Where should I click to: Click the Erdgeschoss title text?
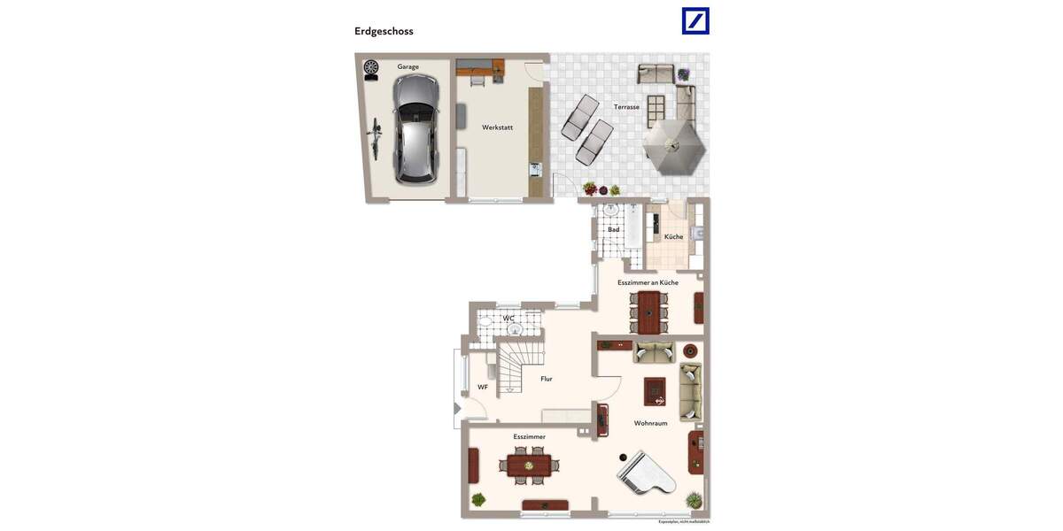(384, 31)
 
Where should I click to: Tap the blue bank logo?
(695, 20)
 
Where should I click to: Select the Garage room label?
(407, 66)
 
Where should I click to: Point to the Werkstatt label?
(497, 127)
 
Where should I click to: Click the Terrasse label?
(626, 107)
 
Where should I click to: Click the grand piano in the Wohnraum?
(645, 473)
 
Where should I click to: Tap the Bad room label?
(613, 230)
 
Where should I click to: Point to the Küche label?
(673, 236)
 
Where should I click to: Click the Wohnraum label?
(650, 423)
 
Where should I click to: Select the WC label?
(508, 318)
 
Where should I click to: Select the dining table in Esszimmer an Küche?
(651, 311)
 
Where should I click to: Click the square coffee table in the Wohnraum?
(655, 390)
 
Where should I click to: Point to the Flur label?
(547, 379)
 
